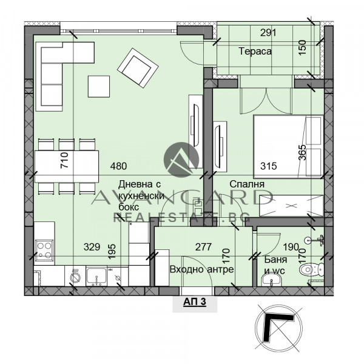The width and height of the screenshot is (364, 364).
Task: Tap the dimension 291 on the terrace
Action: tap(268, 33)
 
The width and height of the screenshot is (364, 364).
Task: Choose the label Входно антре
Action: tap(193, 269)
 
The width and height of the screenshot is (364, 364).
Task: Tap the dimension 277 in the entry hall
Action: tap(187, 247)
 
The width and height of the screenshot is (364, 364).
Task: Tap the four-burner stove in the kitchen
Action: tap(45, 249)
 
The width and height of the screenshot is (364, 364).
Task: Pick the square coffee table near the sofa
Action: tap(99, 86)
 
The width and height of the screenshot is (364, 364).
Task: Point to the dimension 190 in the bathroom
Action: tap(291, 247)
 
